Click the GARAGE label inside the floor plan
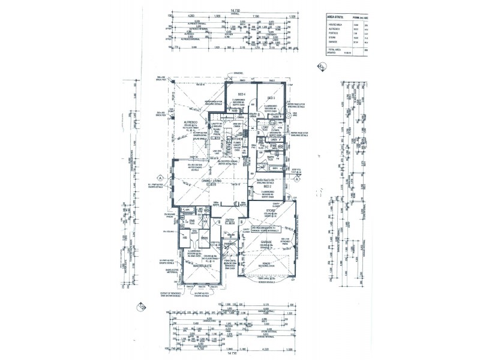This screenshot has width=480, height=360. (266, 242)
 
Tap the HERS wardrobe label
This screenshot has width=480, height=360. (205, 238)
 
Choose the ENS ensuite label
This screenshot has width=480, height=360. (193, 220)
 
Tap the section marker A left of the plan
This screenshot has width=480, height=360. (161, 178)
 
